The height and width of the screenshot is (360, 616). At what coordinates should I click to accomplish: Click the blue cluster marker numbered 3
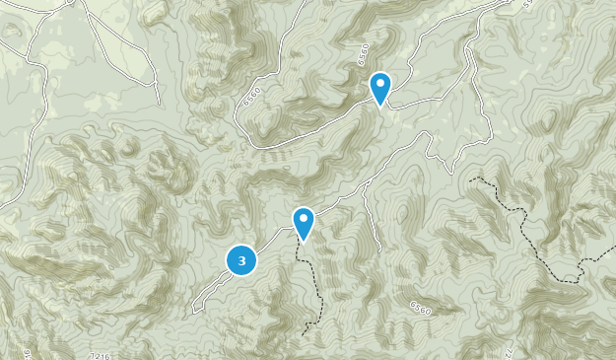241,259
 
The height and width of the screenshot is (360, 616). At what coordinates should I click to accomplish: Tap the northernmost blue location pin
380,87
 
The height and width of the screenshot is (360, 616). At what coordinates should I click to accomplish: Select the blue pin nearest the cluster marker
304,223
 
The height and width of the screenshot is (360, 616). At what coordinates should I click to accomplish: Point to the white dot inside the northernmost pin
380,83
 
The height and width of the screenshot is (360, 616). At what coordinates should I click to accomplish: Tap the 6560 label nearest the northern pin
363,56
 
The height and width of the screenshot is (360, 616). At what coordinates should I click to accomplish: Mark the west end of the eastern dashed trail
472,180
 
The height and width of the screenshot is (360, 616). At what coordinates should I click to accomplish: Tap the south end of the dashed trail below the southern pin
305,330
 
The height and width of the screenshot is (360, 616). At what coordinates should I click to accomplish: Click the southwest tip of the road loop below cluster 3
193,311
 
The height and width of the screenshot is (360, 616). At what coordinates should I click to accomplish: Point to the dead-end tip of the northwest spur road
158,103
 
